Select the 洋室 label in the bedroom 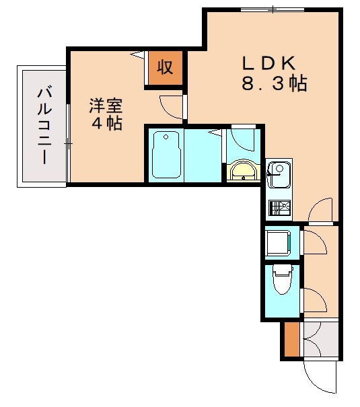(106, 106)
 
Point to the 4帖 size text (106, 124)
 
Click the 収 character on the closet (166, 67)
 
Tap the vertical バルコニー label (44, 126)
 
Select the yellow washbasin (243, 172)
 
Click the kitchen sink (277, 176)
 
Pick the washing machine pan (278, 242)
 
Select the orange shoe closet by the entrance (290, 340)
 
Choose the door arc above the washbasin (239, 142)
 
